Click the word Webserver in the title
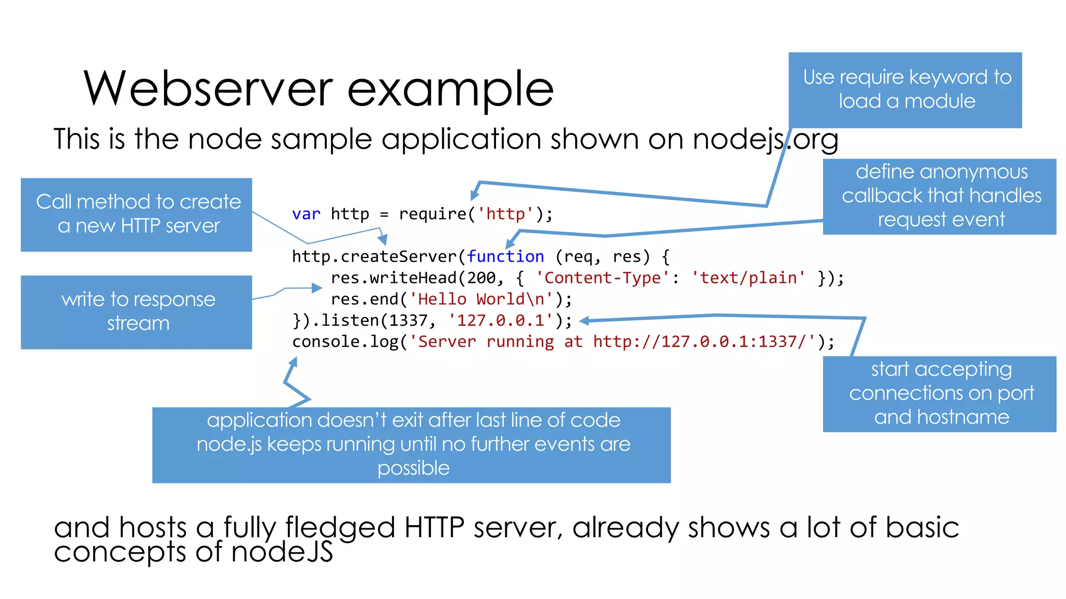[208, 88]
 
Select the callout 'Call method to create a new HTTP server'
[136, 214]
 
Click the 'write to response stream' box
[136, 311]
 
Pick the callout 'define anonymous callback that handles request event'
[939, 196]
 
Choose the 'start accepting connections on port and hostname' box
[939, 394]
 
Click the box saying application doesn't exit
[411, 445]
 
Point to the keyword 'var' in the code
[306, 214]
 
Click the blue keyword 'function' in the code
[505, 257]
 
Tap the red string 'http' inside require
[505, 214]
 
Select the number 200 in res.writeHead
[481, 278]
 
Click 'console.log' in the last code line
[345, 342]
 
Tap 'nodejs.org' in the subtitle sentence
[765, 139]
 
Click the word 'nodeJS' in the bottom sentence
[282, 552]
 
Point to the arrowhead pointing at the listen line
[585, 321]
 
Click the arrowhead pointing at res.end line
[317, 288]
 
